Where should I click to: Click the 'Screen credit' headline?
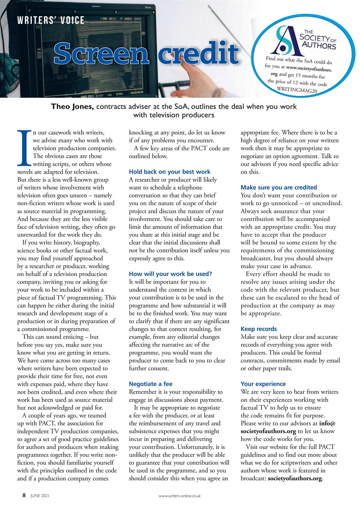click(x=146, y=54)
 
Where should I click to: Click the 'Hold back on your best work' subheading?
click(x=170, y=172)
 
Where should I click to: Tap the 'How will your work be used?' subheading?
click(x=171, y=274)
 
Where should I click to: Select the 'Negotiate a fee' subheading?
click(x=151, y=384)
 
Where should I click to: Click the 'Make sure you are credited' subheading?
click(x=279, y=187)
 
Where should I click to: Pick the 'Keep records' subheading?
click(x=259, y=329)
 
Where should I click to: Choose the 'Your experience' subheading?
click(x=263, y=384)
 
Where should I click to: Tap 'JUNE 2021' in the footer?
click(x=39, y=496)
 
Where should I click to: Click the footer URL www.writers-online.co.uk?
click(x=180, y=496)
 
